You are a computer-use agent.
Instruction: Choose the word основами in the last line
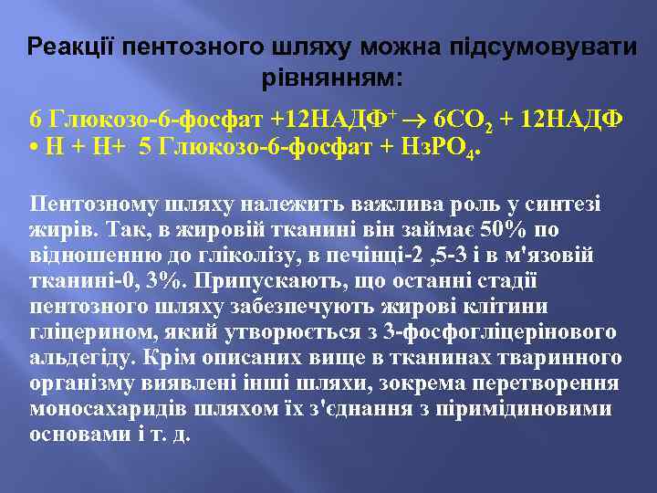click(70, 434)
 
